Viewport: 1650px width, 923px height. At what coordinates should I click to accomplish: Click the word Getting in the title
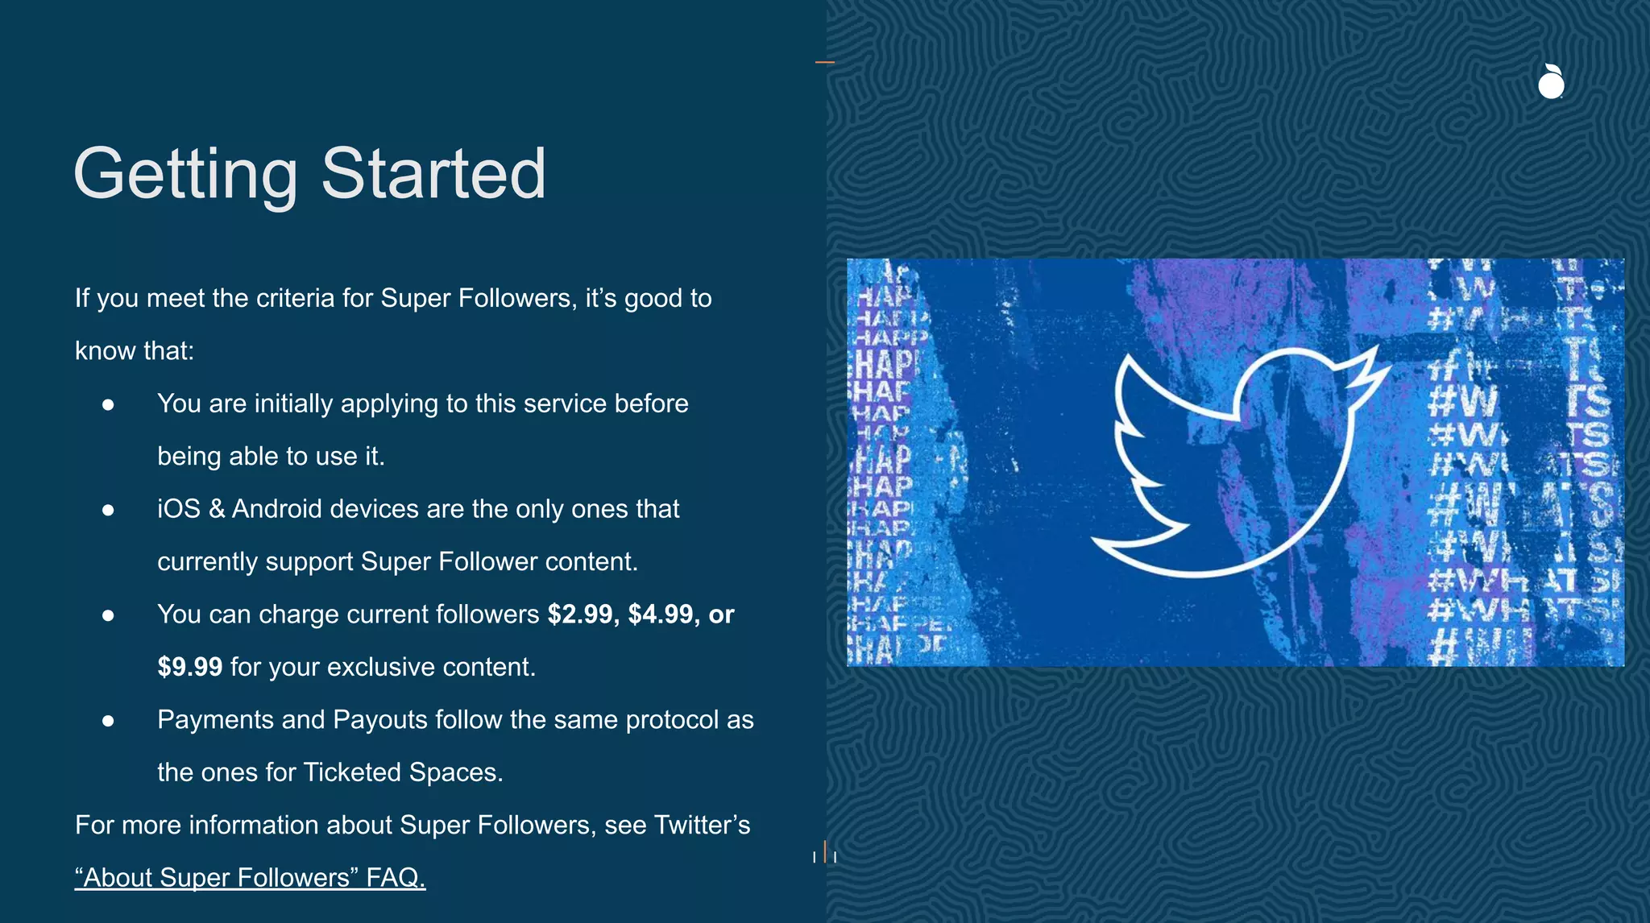click(185, 174)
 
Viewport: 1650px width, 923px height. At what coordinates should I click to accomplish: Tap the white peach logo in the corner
click(1551, 81)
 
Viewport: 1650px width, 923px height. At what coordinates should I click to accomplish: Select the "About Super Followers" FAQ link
click(250, 877)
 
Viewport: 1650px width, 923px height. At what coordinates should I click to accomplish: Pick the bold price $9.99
click(190, 667)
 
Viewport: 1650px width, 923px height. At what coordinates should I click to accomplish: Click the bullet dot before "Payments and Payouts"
click(108, 721)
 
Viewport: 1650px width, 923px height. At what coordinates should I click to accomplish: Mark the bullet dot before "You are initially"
click(108, 404)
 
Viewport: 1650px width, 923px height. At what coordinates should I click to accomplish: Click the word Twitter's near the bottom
click(702, 825)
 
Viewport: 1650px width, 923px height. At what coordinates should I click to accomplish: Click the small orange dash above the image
click(825, 61)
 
